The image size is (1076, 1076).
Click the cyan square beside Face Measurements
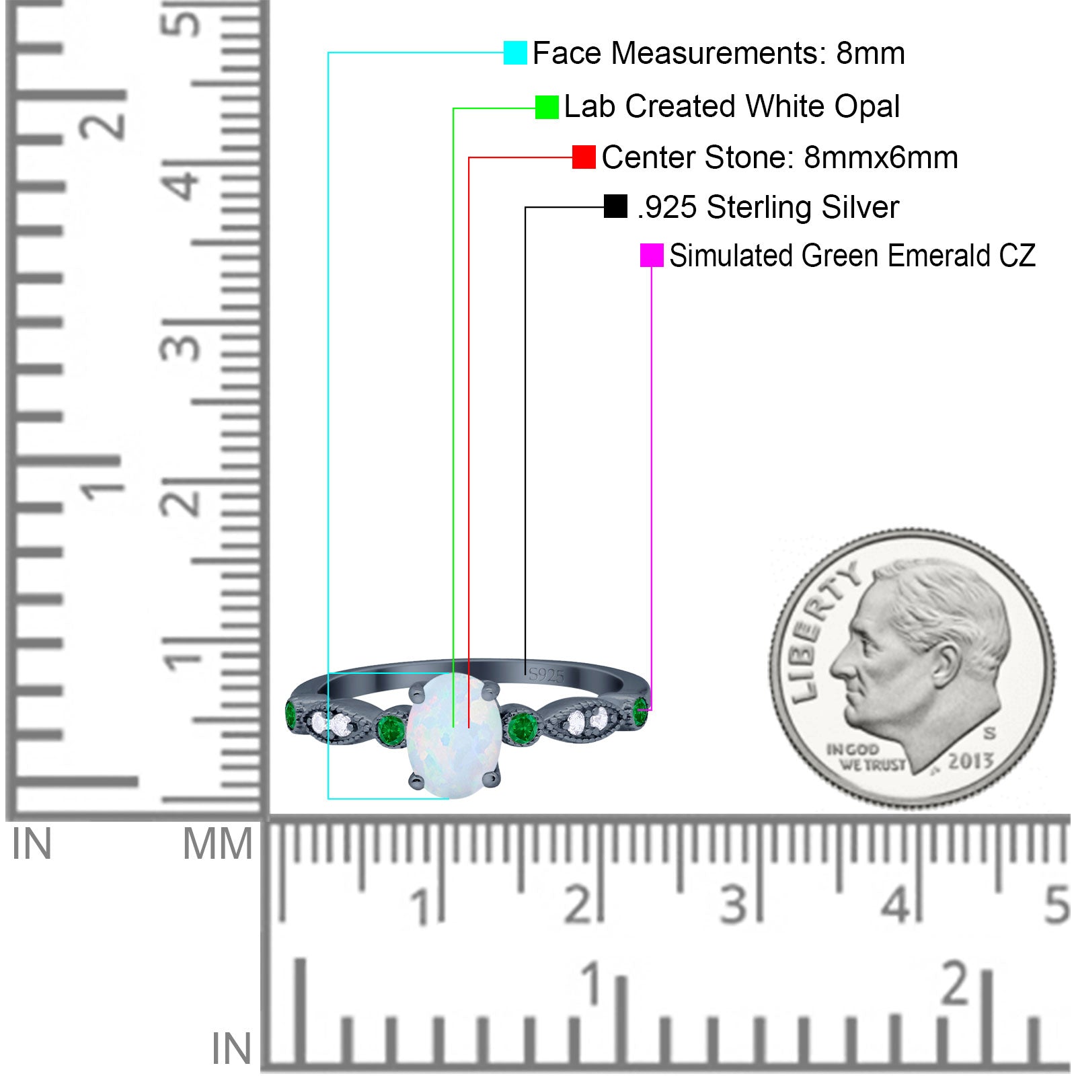(x=515, y=52)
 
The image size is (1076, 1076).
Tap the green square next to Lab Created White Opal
(x=547, y=107)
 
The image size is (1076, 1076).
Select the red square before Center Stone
(x=584, y=157)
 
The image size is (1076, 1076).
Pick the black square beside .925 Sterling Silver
(x=615, y=206)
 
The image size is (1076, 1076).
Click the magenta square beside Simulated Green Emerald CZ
(x=652, y=256)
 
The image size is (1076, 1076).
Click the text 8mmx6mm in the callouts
(x=881, y=157)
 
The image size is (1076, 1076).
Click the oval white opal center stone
(x=454, y=736)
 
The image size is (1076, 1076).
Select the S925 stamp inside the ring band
(x=546, y=675)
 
